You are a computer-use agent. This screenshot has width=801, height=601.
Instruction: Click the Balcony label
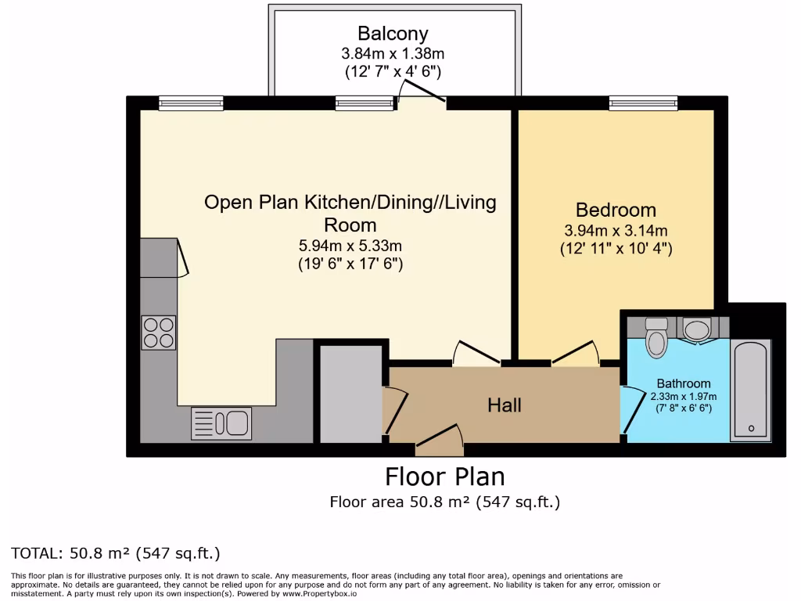click(x=393, y=34)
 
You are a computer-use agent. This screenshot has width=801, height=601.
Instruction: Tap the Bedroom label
click(x=616, y=210)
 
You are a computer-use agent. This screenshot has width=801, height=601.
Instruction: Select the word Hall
click(x=505, y=405)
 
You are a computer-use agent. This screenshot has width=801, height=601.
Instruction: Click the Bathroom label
click(x=684, y=383)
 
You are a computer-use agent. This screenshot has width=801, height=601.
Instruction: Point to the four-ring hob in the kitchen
click(x=158, y=333)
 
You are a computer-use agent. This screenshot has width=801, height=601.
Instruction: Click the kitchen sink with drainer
click(x=221, y=423)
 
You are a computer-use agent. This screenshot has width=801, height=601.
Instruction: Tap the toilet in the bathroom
click(x=656, y=336)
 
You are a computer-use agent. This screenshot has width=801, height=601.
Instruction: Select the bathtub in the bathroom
click(x=750, y=390)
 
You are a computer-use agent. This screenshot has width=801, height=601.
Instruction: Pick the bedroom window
click(x=643, y=103)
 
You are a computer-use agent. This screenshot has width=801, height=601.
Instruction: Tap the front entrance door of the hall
click(x=440, y=440)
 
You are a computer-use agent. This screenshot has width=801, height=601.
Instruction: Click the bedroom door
click(x=576, y=353)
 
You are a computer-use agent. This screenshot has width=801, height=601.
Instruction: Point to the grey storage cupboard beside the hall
click(x=351, y=394)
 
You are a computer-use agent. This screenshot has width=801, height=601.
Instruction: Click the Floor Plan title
click(x=445, y=477)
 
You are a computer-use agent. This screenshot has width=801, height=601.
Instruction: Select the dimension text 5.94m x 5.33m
click(x=350, y=246)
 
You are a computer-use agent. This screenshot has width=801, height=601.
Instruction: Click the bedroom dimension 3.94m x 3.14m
click(x=616, y=231)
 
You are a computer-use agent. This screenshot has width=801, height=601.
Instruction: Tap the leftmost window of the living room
click(x=191, y=103)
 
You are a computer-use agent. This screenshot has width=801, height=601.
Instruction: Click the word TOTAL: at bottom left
click(x=35, y=553)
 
